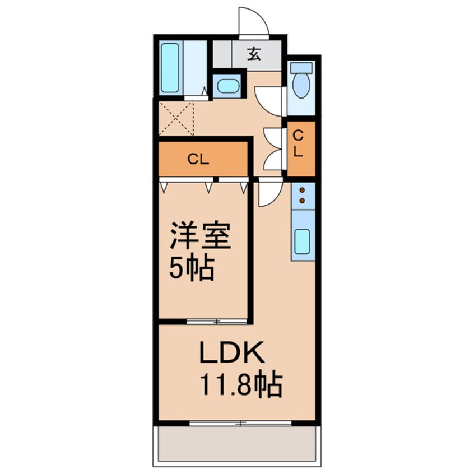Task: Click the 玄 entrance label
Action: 254,54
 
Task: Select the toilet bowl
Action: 302,82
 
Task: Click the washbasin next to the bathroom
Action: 227,86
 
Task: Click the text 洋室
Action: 200,237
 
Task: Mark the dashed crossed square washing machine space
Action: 176,118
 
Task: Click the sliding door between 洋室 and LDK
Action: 216,322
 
